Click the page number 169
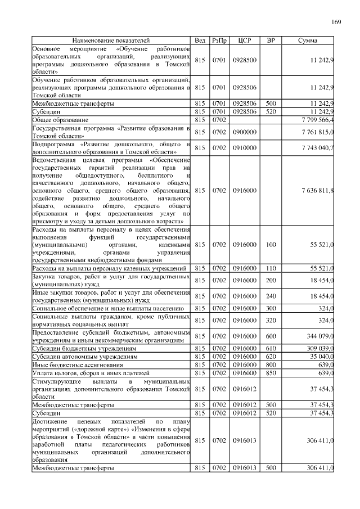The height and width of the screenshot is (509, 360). coord(336,22)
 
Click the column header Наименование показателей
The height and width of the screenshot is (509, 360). coord(111,40)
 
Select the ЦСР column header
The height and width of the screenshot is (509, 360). coord(244,40)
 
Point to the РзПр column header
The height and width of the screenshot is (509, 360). coord(219,40)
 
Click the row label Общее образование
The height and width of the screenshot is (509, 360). coord(60,120)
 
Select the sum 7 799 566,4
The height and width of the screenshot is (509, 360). coord(313,120)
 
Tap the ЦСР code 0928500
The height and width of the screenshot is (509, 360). coord(244,61)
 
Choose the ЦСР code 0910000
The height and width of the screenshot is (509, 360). coord(244,147)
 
